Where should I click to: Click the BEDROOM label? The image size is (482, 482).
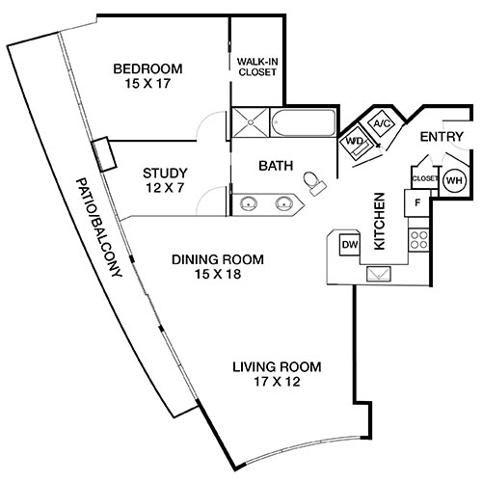point(147,68)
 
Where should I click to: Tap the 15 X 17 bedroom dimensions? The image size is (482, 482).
point(147,85)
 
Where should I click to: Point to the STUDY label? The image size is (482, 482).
point(164,174)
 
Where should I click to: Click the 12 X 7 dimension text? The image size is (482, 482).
point(164,190)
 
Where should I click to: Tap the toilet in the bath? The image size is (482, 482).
point(313,181)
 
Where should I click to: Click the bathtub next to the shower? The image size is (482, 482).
point(300,122)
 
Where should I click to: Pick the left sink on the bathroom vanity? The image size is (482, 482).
point(250,203)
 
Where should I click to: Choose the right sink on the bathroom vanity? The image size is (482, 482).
point(285,203)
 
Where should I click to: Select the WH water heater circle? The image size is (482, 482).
point(452,179)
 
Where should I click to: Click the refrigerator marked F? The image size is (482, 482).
point(417,203)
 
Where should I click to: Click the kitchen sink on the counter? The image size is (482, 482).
point(379,273)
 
